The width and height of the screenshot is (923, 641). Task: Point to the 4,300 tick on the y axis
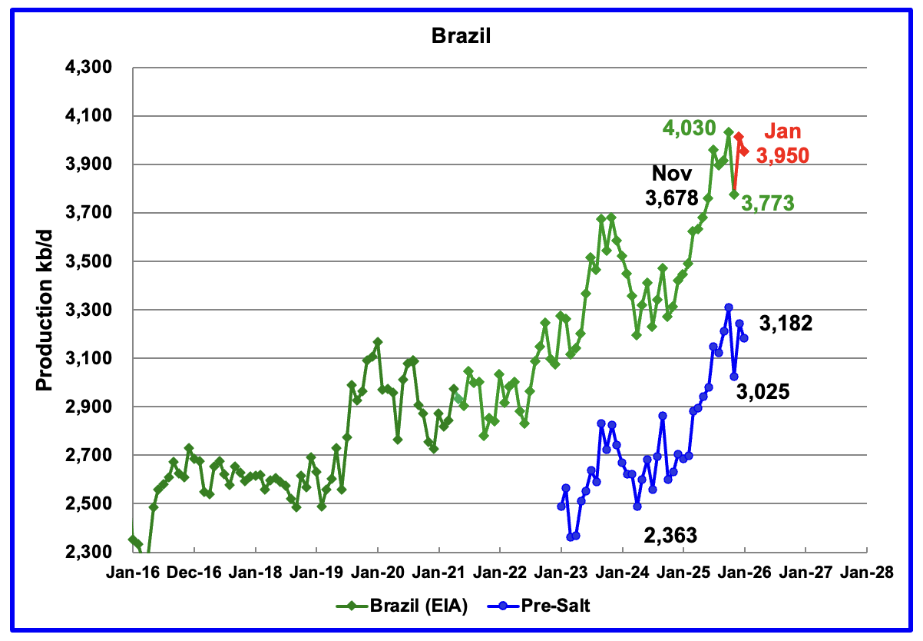click(x=91, y=68)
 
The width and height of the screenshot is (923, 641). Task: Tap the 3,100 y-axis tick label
click(x=91, y=359)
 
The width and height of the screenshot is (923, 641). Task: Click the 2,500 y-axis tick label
click(x=91, y=504)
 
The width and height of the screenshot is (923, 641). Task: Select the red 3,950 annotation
click(x=782, y=155)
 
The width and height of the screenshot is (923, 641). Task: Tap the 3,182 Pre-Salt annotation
click(x=786, y=324)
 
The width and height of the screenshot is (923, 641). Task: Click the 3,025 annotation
click(x=763, y=393)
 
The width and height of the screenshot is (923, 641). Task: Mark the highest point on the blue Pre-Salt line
click(x=728, y=307)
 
